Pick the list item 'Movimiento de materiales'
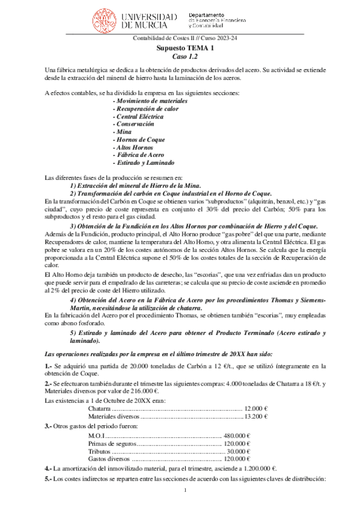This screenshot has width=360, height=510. click(x=150, y=101)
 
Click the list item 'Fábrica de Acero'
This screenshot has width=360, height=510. click(x=140, y=155)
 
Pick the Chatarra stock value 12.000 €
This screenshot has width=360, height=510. click(x=255, y=407)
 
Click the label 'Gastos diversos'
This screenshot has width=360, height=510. click(x=109, y=459)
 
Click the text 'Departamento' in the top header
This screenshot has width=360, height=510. click(x=206, y=14)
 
